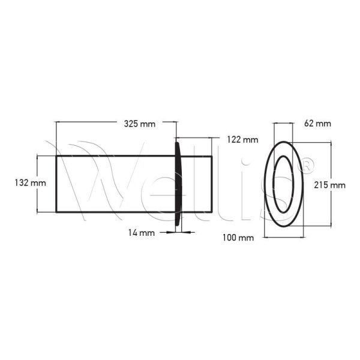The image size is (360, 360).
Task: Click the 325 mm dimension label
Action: click(139, 124)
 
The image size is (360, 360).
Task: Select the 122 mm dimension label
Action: click(242, 140)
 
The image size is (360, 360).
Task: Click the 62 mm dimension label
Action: click(317, 124)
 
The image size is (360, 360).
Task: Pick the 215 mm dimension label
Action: click(329, 185)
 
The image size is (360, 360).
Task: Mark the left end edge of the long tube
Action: click(56, 184)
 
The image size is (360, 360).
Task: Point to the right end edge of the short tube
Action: click(211, 184)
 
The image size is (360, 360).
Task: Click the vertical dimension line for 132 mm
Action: click(38, 184)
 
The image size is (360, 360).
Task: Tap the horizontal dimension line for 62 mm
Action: click(284, 124)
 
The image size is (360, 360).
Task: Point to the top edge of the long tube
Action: click(114, 156)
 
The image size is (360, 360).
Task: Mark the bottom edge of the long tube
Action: click(114, 212)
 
